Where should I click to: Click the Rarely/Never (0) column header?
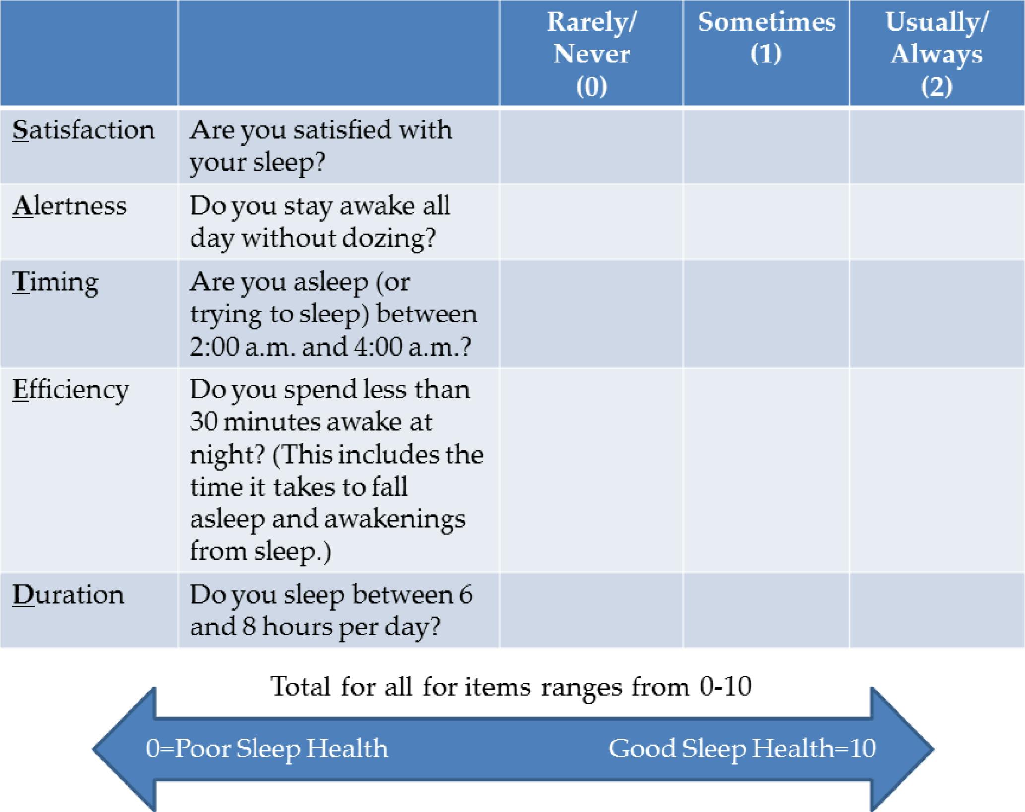[x=591, y=54]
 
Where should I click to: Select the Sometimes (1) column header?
[x=767, y=38]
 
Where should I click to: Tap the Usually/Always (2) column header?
[x=937, y=54]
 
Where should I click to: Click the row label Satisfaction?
[x=83, y=130]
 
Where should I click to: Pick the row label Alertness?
[x=69, y=206]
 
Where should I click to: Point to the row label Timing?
[x=56, y=283]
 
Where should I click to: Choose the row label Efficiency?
[x=70, y=390]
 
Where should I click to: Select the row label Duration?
[x=68, y=595]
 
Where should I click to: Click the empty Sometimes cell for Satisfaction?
[x=767, y=146]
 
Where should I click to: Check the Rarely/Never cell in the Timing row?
[x=591, y=314]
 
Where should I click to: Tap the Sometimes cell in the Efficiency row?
[x=767, y=470]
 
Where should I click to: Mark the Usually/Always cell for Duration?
[x=937, y=611]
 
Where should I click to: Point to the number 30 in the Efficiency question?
[x=203, y=422]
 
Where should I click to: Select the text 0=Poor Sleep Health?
[x=267, y=749]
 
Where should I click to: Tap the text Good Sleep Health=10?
[x=742, y=749]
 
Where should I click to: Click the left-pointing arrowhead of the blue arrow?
[x=124, y=749]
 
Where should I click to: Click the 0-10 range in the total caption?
[x=726, y=687]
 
